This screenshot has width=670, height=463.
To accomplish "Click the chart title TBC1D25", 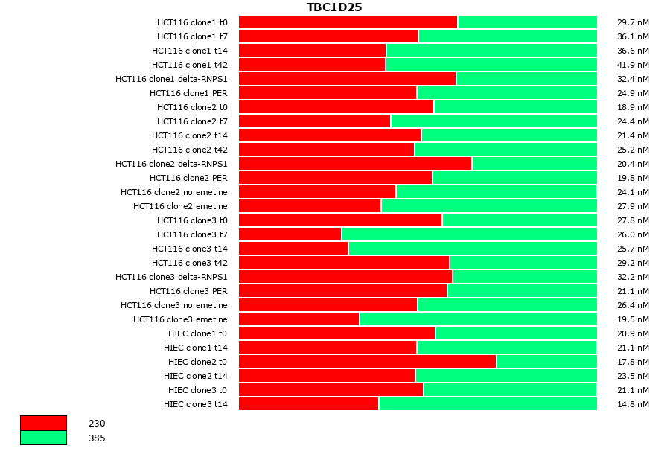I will point(334,7).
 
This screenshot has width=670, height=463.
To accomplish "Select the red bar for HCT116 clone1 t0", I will point(348,22).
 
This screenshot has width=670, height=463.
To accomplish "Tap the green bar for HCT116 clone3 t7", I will point(469,234).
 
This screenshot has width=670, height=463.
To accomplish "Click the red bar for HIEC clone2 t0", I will point(367,362).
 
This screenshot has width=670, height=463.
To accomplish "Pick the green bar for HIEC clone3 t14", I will point(488,404).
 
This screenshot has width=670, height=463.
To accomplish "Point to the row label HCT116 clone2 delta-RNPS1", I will point(171,164).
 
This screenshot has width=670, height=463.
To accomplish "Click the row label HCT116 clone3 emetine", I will point(180,319).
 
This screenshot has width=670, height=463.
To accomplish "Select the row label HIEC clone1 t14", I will point(196,348).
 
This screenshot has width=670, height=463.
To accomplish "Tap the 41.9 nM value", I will point(633,65).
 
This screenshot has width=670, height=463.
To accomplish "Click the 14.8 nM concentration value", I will point(633,404).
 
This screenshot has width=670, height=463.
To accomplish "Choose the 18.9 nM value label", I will point(633,107).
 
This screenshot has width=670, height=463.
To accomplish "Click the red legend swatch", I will point(43,423).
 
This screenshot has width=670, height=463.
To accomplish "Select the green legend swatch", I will point(43,438).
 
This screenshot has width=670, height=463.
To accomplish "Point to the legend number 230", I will point(97,424).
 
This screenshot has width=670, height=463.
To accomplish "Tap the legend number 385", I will point(97,438).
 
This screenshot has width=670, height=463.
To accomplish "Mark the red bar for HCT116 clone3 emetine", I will point(299,319).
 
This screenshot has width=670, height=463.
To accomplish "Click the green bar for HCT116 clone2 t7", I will point(494,121).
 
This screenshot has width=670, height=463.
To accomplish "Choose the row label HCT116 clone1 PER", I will point(188,93).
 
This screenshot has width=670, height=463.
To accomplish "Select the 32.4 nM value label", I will point(633,79).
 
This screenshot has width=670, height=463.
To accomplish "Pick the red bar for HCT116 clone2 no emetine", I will point(317,192).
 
